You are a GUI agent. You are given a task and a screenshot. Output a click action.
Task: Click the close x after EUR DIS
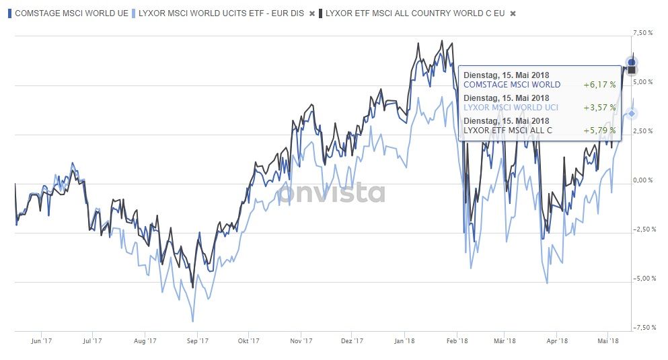311,13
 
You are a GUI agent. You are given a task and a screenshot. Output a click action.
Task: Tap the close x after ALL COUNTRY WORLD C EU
513,13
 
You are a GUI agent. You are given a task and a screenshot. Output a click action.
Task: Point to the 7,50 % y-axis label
643,33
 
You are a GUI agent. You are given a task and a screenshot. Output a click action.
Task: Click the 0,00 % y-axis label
643,180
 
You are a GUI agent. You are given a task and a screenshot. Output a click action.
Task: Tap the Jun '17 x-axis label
41,341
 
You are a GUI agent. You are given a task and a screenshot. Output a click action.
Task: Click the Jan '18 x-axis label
404,341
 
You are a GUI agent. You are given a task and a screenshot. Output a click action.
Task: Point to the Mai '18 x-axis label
608,341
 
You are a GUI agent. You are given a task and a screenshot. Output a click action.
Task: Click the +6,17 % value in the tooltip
599,85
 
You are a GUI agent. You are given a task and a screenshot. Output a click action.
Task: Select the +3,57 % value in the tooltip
599,107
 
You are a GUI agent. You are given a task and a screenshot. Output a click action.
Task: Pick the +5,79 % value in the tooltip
599,129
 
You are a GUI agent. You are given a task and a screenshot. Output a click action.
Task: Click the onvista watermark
332,193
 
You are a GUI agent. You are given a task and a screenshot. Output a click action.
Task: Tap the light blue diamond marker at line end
632,113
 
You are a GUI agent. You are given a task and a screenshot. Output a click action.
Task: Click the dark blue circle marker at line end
632,63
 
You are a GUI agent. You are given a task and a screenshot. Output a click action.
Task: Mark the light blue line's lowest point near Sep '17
193,321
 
